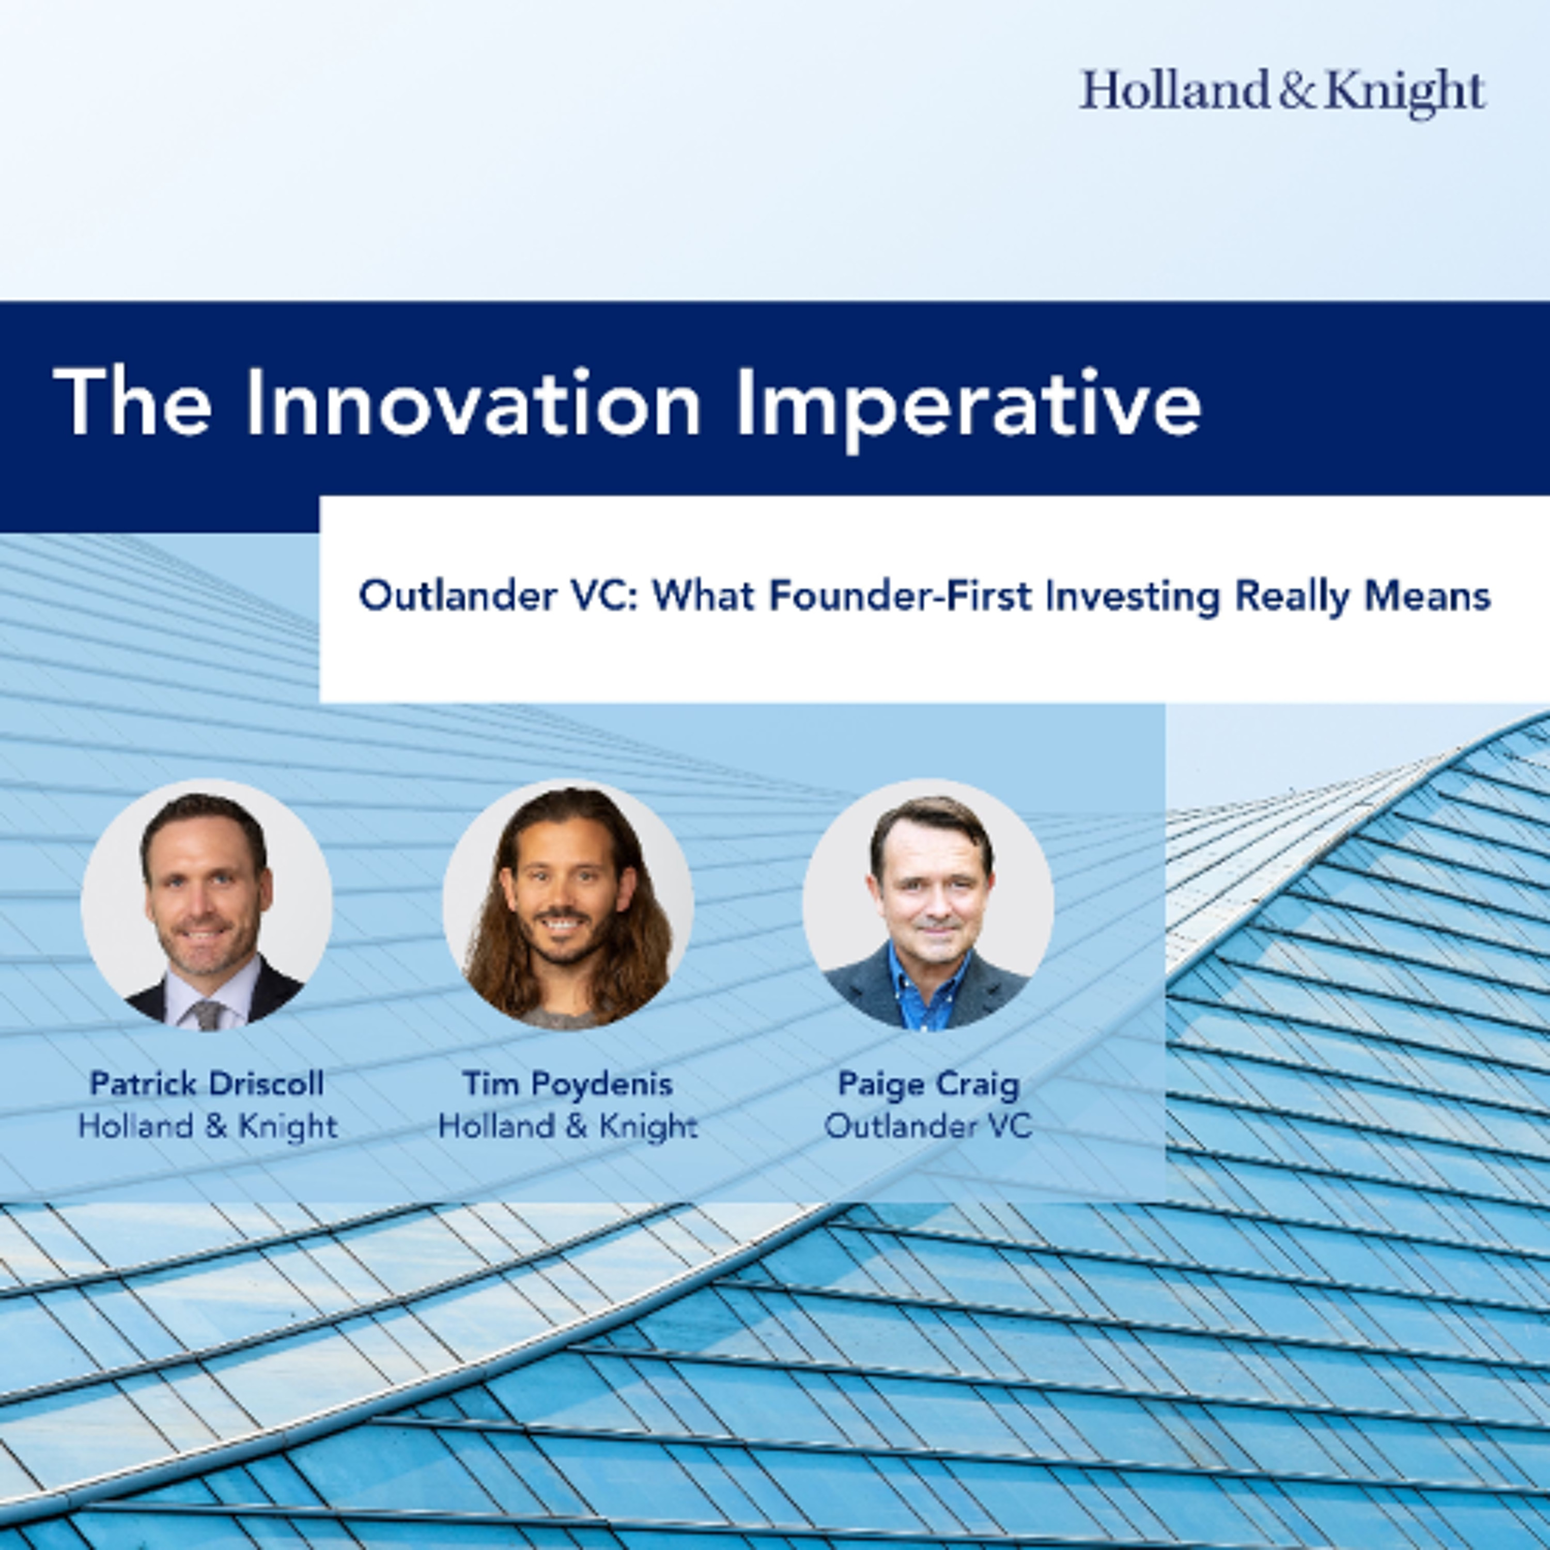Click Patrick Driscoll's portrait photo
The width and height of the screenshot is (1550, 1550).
pyautogui.click(x=207, y=905)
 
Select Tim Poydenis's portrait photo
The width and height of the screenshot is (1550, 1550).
pyautogui.click(x=568, y=905)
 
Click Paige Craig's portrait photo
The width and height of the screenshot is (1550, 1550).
pyautogui.click(x=928, y=905)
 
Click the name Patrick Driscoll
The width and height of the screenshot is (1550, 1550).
pyautogui.click(x=207, y=1084)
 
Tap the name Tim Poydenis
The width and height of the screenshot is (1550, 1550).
pyautogui.click(x=568, y=1084)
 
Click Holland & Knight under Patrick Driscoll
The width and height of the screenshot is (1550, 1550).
pyautogui.click(x=207, y=1126)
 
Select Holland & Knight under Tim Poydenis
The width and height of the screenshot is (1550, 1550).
pyautogui.click(x=568, y=1126)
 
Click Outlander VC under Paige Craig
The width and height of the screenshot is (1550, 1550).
pyautogui.click(x=928, y=1126)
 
